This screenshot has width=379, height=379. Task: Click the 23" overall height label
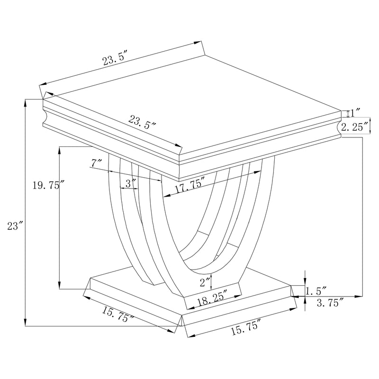click(x=15, y=226)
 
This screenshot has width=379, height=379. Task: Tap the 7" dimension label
click(x=96, y=163)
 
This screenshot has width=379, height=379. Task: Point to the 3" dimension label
click(x=131, y=184)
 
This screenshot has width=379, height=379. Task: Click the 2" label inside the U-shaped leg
click(x=205, y=282)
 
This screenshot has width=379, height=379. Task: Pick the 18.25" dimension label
click(x=212, y=299)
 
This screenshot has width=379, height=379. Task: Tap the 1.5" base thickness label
click(x=316, y=291)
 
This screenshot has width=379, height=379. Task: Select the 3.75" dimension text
click(x=330, y=303)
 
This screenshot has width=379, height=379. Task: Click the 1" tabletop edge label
click(x=355, y=113)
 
